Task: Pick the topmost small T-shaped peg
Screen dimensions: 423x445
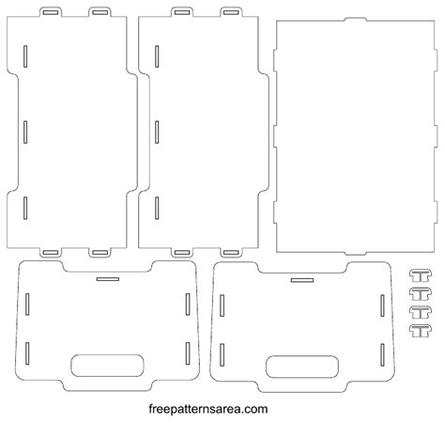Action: click(419, 274)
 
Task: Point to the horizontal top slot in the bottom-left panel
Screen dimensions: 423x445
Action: click(107, 279)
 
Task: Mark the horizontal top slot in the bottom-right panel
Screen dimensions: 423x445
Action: click(301, 280)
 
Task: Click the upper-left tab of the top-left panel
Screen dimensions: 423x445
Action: click(52, 12)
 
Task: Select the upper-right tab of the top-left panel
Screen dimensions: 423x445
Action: click(100, 12)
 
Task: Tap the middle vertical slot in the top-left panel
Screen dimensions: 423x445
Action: click(27, 130)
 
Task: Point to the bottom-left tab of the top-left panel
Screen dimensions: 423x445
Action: click(52, 252)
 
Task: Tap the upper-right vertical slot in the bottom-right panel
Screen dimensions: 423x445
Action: click(383, 305)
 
